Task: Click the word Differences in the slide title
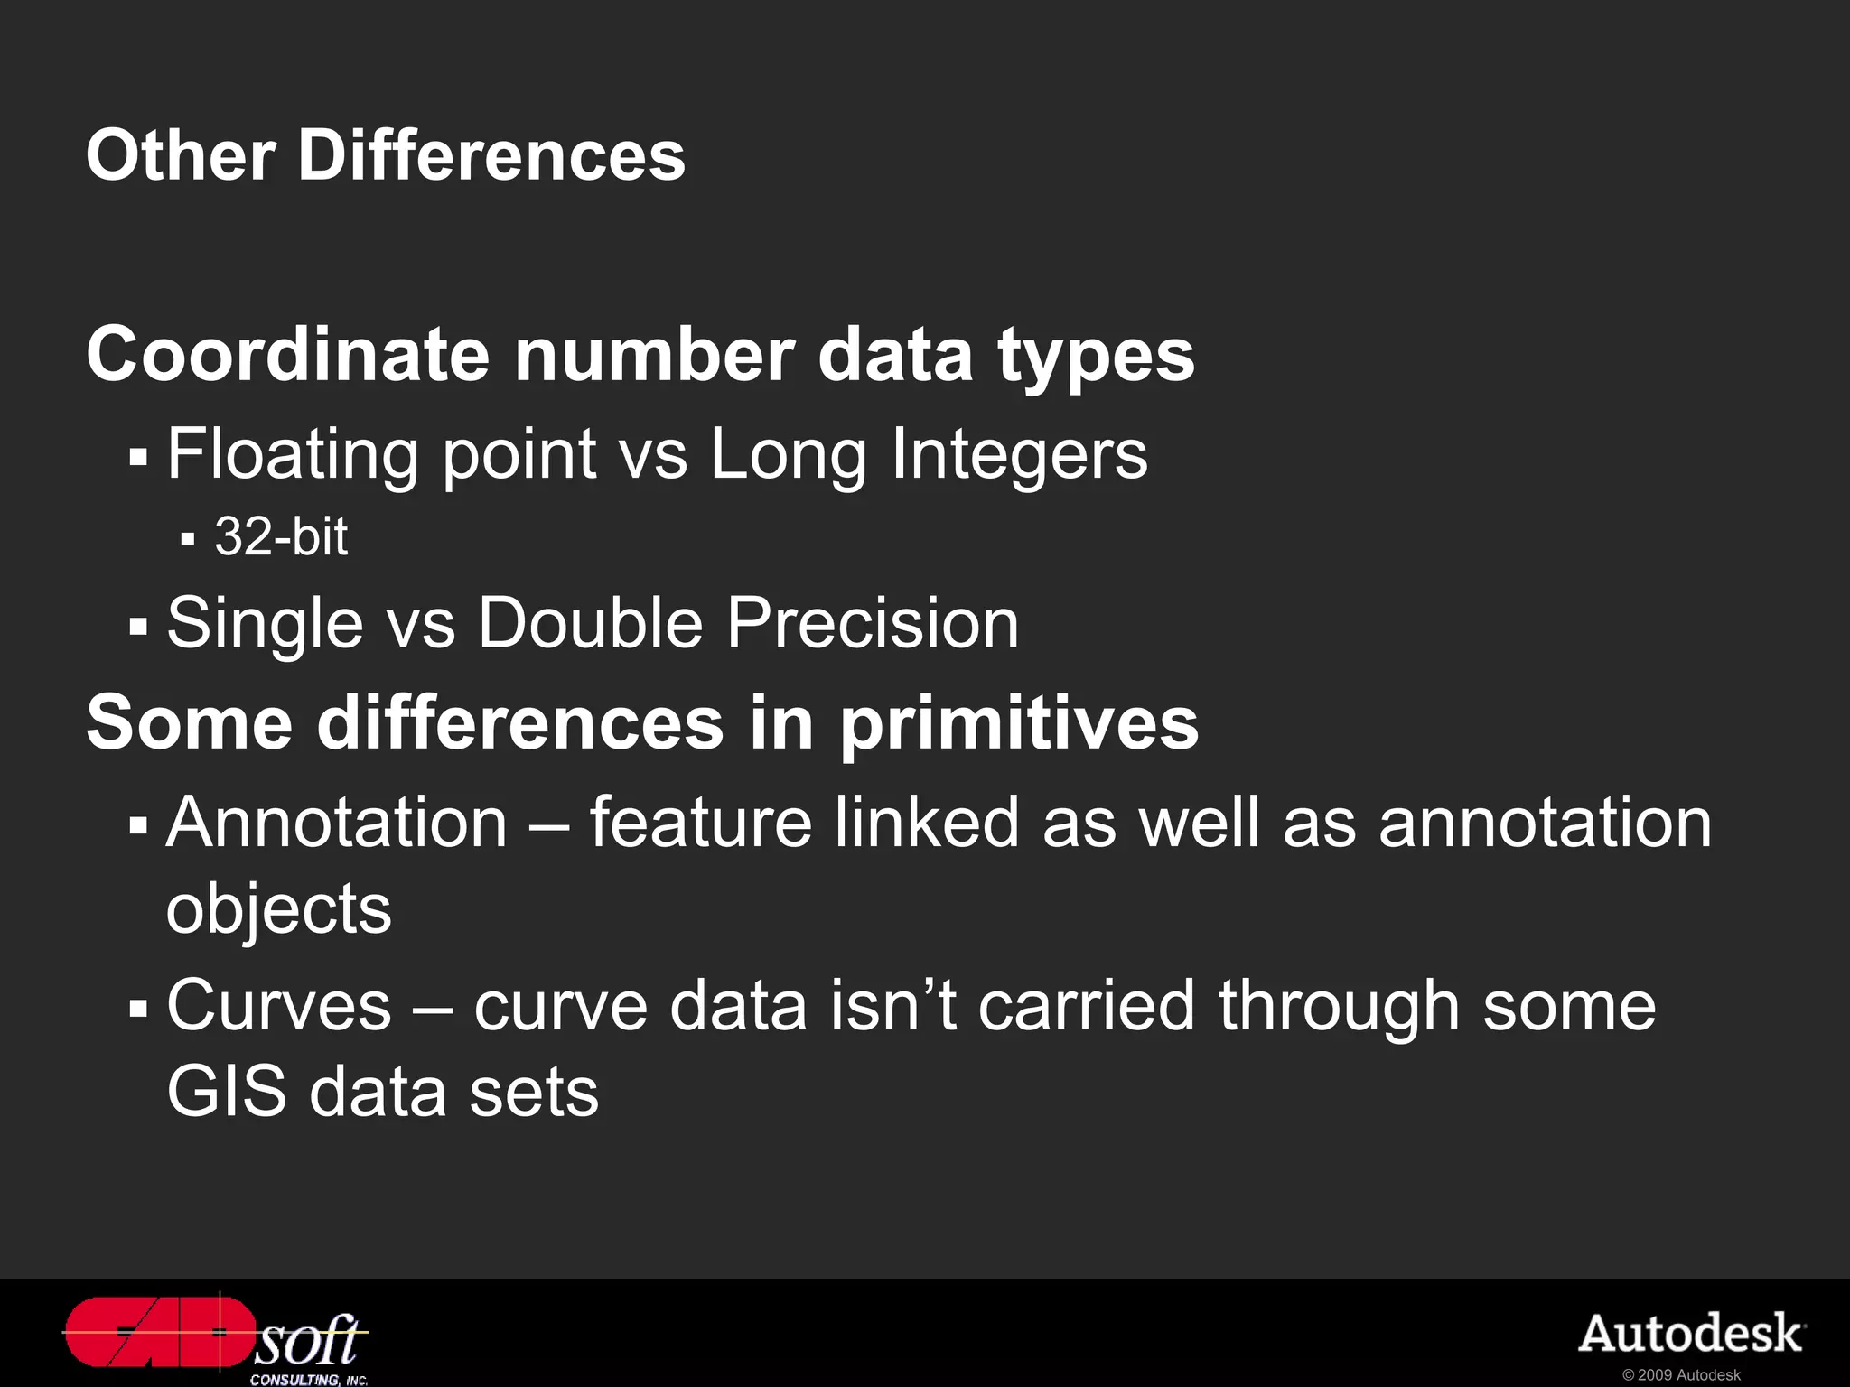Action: click(x=491, y=155)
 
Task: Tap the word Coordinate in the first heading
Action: click(x=288, y=355)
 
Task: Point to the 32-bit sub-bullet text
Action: click(x=281, y=537)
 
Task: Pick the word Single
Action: click(x=265, y=623)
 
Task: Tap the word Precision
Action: click(x=873, y=623)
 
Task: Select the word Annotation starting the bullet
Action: click(x=337, y=823)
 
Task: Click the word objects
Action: click(x=278, y=909)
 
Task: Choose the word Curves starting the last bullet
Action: click(x=279, y=1006)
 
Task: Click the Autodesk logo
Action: click(x=1691, y=1334)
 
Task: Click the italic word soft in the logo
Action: click(x=308, y=1340)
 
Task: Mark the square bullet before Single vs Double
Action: click(x=137, y=626)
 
